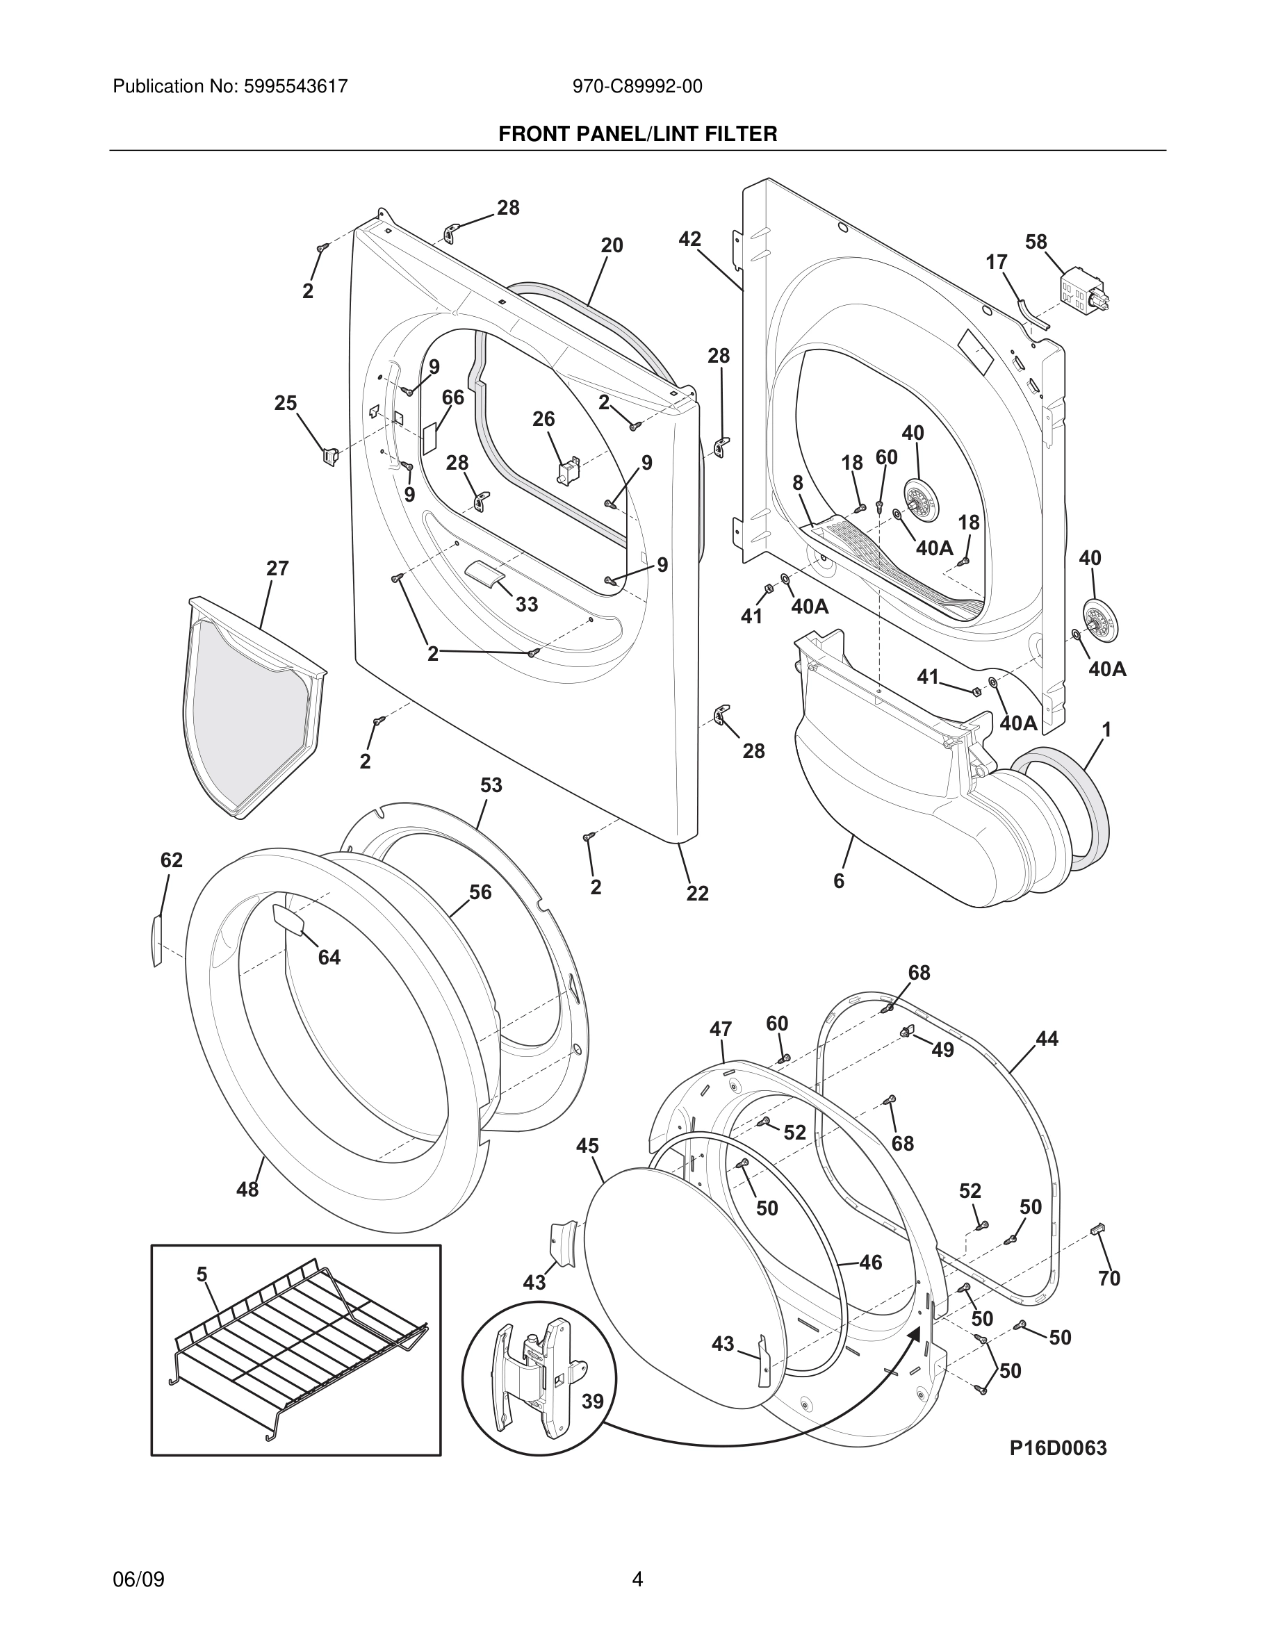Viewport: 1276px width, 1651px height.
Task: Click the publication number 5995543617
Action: click(x=295, y=86)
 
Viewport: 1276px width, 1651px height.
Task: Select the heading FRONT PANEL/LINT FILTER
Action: click(x=637, y=134)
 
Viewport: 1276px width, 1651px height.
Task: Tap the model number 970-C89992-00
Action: click(x=637, y=86)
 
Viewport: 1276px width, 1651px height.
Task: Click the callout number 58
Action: click(x=1036, y=242)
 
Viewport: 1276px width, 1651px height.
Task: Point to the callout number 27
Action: click(x=277, y=568)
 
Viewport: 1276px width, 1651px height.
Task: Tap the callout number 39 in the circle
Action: click(x=592, y=1402)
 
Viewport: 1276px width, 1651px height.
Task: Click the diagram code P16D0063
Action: click(x=1058, y=1448)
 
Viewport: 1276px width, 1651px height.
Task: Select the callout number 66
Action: click(x=453, y=397)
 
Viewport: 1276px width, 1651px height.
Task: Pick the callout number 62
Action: click(x=172, y=860)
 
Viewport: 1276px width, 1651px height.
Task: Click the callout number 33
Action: click(x=527, y=604)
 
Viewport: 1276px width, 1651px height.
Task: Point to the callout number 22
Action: click(x=697, y=894)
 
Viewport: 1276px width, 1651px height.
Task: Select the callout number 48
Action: click(x=247, y=1190)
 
